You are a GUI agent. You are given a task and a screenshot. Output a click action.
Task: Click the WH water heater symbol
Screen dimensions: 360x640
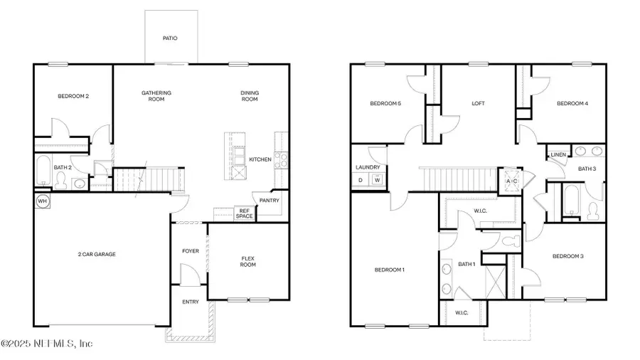click(41, 201)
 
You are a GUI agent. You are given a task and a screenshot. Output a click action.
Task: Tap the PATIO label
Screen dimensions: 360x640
click(169, 38)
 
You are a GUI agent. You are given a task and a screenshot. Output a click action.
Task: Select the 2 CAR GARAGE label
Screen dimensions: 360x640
click(97, 254)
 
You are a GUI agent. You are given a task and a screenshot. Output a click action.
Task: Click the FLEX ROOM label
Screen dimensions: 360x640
click(248, 261)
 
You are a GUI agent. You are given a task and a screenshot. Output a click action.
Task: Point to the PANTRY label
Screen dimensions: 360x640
click(270, 201)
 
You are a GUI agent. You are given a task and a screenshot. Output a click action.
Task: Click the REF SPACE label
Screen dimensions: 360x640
click(244, 213)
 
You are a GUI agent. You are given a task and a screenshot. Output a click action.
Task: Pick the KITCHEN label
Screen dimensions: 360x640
click(260, 160)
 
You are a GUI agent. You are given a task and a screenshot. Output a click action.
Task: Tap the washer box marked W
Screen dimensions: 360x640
click(377, 180)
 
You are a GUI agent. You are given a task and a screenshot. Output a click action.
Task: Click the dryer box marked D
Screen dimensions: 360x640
click(360, 180)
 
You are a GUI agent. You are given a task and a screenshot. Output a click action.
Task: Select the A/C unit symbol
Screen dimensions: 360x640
click(512, 181)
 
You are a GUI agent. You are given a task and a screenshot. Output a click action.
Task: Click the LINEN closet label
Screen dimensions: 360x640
click(558, 154)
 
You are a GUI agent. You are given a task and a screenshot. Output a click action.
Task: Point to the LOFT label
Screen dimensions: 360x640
click(479, 104)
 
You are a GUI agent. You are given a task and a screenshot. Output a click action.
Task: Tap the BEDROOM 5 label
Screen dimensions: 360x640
click(385, 104)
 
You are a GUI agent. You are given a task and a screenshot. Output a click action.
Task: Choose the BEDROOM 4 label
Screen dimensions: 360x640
click(572, 104)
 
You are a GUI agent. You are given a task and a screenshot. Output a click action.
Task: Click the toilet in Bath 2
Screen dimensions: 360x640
click(60, 181)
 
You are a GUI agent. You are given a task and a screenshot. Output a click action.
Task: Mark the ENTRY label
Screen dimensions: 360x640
click(191, 302)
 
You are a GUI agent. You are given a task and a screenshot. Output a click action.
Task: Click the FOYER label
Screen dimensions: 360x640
click(191, 250)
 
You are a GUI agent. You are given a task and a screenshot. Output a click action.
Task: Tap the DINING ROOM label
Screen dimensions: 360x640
click(249, 96)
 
